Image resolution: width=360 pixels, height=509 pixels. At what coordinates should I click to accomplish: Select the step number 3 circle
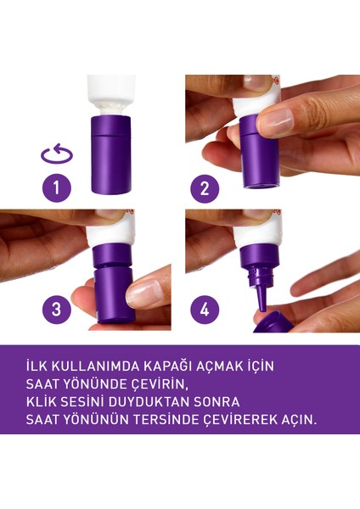(56, 310)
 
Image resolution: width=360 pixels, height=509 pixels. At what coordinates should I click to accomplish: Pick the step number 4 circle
(204, 310)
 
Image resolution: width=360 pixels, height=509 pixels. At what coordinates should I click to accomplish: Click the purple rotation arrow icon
(56, 155)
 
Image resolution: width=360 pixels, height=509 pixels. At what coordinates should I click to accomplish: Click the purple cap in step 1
(111, 156)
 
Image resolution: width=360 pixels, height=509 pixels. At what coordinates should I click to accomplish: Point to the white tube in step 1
(111, 92)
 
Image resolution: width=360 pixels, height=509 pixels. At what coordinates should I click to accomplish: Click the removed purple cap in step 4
(278, 321)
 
